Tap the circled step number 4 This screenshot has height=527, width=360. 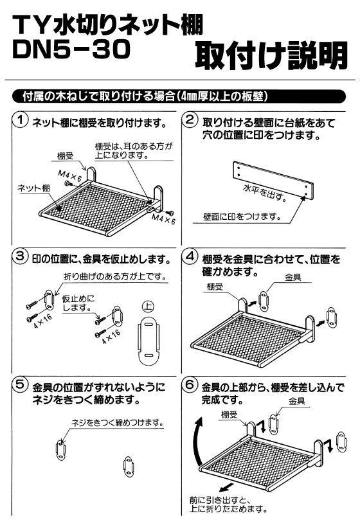[x=190, y=257]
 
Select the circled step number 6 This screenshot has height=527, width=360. [x=190, y=384]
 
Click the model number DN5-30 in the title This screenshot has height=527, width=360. [x=71, y=49]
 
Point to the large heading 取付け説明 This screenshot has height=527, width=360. [x=271, y=55]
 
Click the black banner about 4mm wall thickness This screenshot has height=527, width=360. [x=179, y=96]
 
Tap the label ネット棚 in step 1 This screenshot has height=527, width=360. [x=33, y=188]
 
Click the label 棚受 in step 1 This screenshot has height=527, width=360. [x=65, y=156]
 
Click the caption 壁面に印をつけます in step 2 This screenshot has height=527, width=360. [x=242, y=217]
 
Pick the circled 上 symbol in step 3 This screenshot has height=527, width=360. [x=148, y=306]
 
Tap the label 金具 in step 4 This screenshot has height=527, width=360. [x=292, y=277]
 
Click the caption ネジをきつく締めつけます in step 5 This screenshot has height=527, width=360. [x=118, y=423]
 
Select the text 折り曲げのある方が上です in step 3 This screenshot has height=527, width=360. [x=116, y=277]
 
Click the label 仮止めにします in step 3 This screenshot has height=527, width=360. [x=78, y=303]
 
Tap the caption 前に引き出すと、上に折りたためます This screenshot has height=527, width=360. [x=229, y=505]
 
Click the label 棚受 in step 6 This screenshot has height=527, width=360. [x=230, y=415]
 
